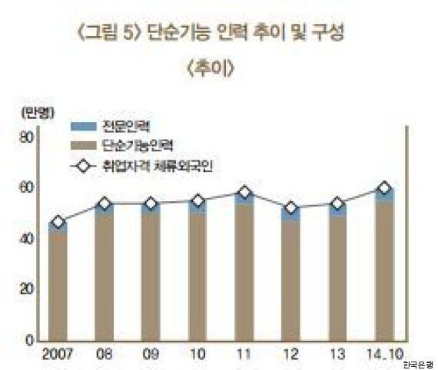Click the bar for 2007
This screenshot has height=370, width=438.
coord(57,282)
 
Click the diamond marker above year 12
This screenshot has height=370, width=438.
coord(290,208)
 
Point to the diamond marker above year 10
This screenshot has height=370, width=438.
coord(197,201)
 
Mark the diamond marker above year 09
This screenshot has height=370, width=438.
coord(151,203)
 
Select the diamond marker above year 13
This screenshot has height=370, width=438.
coord(337,203)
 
